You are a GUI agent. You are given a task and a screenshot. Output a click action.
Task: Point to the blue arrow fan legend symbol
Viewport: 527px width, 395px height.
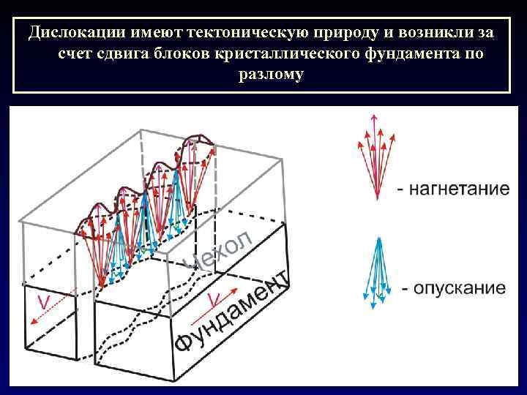pos(378,269)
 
